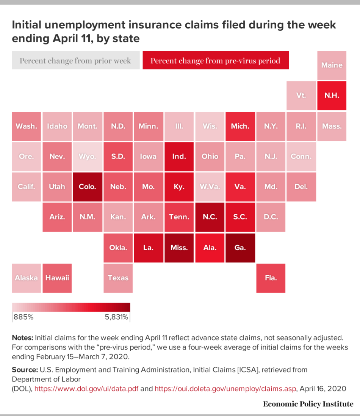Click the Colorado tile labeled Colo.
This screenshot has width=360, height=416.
[x=88, y=187]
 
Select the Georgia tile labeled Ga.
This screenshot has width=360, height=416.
[x=240, y=248]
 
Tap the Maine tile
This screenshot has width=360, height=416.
[x=332, y=65]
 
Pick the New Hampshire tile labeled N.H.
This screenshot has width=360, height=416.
[x=332, y=96]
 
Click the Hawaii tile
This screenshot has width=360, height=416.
[x=57, y=278]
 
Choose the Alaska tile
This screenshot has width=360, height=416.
[x=26, y=278]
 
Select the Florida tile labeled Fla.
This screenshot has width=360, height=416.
[x=271, y=278]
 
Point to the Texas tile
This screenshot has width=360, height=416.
[x=118, y=278]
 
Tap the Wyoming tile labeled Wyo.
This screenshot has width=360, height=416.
[x=88, y=156]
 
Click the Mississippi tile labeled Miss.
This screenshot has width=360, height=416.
[x=179, y=248]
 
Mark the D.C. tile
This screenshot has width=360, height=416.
[x=271, y=217]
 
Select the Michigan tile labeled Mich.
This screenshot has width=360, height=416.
[x=240, y=126]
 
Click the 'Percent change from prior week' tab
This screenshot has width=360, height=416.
[x=75, y=61]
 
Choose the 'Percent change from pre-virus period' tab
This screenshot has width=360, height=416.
[x=215, y=61]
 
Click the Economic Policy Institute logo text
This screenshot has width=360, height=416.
[x=308, y=404]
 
